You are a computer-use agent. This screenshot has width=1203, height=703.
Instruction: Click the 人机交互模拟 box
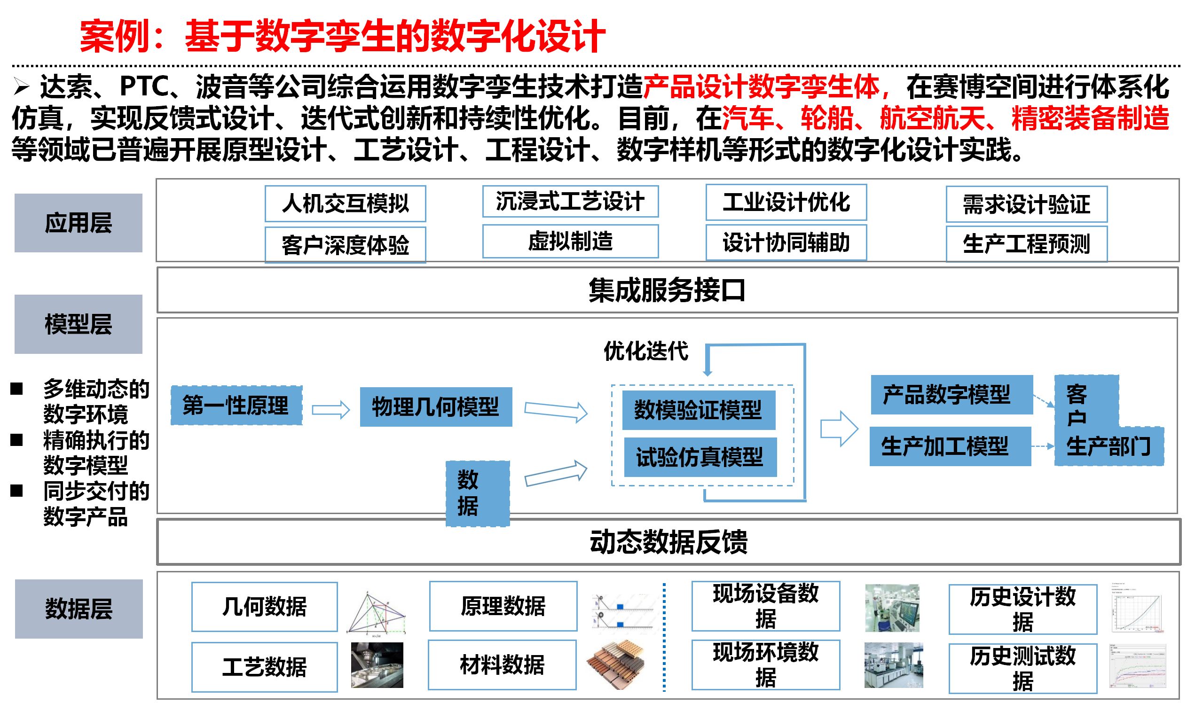[346, 204]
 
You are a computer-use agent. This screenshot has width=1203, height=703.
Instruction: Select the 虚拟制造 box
[570, 242]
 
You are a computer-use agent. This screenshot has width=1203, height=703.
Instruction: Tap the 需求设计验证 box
[1027, 204]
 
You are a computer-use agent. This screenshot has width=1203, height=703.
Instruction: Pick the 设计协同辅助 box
[786, 242]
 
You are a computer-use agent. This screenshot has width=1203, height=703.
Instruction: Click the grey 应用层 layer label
[79, 223]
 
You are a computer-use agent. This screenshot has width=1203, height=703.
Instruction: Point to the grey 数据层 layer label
[79, 609]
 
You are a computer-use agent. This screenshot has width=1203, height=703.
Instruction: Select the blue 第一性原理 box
[236, 406]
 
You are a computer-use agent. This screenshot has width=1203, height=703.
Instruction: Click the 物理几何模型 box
[436, 407]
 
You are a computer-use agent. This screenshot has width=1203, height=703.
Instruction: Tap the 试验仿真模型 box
[700, 457]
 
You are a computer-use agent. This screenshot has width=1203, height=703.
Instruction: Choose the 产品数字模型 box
[951, 395]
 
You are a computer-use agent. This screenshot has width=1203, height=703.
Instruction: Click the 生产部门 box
[1109, 447]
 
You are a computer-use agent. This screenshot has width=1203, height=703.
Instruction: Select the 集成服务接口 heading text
[667, 290]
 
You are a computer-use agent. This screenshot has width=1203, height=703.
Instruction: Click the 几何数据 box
[265, 607]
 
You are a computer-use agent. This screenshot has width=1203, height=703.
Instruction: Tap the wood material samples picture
[616, 665]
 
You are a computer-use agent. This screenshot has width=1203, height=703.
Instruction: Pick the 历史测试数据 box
[1022, 669]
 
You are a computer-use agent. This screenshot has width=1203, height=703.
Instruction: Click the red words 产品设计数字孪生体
[762, 87]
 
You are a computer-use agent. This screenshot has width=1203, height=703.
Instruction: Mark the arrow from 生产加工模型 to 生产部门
[1043, 447]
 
